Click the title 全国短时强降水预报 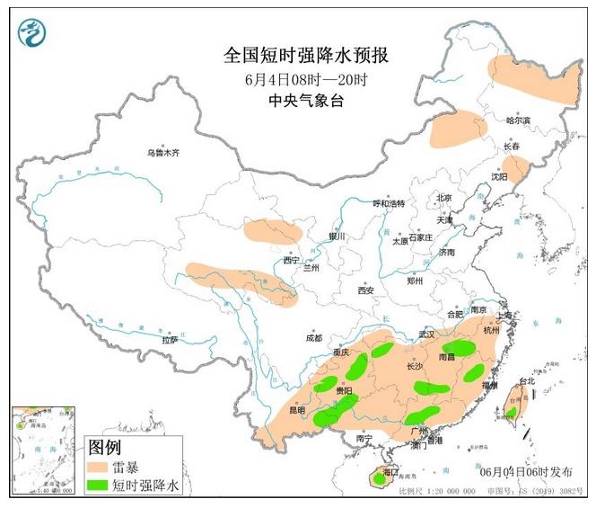(x=306, y=56)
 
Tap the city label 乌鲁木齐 (x=163, y=153)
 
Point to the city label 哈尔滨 (x=518, y=120)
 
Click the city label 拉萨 (x=170, y=339)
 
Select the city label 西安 (x=365, y=290)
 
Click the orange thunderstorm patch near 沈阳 (x=514, y=166)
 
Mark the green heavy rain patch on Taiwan (x=511, y=413)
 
